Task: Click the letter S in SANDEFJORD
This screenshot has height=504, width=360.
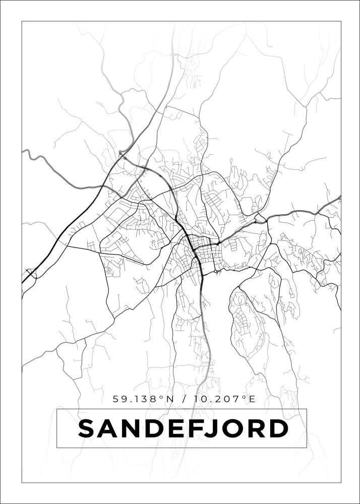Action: [89, 429]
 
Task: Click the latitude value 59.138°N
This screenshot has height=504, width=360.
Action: [143, 399]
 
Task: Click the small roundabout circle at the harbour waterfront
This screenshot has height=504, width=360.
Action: [215, 272]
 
